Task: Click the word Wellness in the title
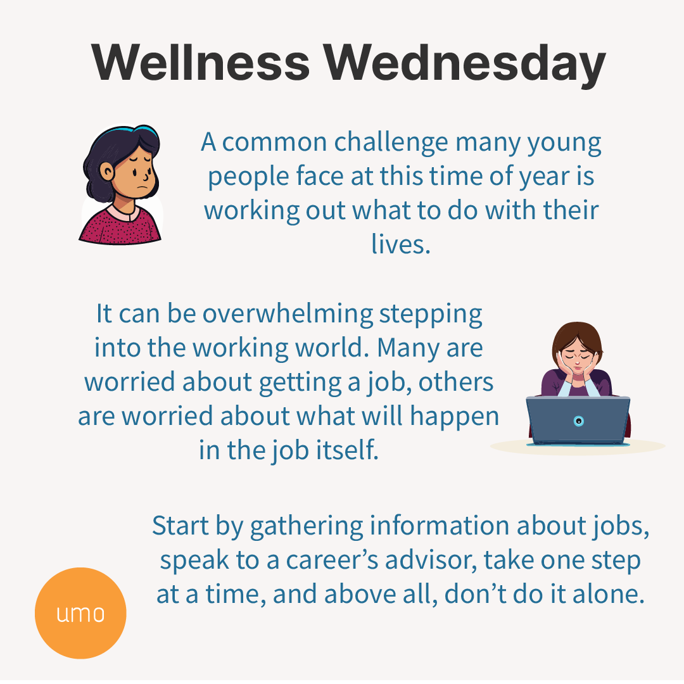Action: [x=201, y=63]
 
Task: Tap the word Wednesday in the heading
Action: [x=466, y=63]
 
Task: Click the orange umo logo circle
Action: [x=80, y=613]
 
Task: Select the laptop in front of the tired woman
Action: [x=578, y=420]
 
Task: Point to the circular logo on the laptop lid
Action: [x=578, y=421]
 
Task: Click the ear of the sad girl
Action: [x=107, y=171]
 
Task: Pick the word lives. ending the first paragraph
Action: [x=400, y=244]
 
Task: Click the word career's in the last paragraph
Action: [x=329, y=560]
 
